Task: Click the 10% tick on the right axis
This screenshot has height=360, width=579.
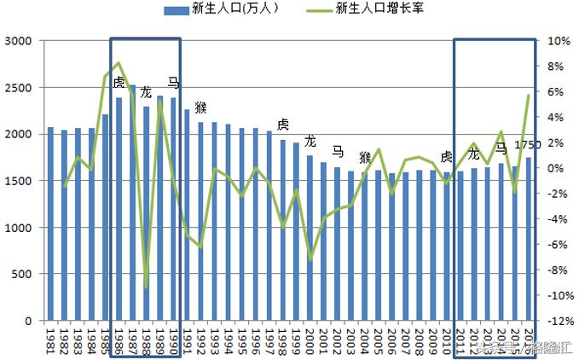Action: coord(558,41)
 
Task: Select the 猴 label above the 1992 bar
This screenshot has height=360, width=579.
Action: coord(201,107)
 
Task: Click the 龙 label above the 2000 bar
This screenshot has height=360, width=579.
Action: coord(310,141)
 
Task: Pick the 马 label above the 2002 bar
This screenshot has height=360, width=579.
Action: coord(338,152)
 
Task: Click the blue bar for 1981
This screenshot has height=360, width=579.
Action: coord(50,224)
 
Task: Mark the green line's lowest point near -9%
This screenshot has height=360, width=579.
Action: coord(146,287)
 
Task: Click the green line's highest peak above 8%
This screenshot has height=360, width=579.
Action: coord(119,62)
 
